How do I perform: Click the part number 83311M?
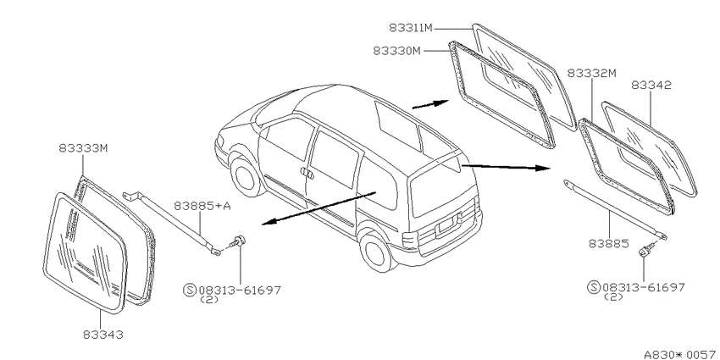pyautogui.click(x=411, y=28)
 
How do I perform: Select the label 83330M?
pyautogui.click(x=396, y=51)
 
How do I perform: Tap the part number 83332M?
pyautogui.click(x=591, y=73)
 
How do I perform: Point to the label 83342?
pyautogui.click(x=651, y=85)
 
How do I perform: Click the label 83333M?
pyautogui.click(x=83, y=148)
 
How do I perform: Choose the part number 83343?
pyautogui.click(x=103, y=335)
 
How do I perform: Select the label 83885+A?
pyautogui.click(x=202, y=206)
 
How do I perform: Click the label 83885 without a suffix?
pyautogui.click(x=609, y=243)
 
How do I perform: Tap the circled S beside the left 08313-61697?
pyautogui.click(x=190, y=291)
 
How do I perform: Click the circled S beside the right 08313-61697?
pyautogui.click(x=594, y=287)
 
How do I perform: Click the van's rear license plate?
pyautogui.click(x=446, y=225)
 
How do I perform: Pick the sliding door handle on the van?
pyautogui.click(x=307, y=173)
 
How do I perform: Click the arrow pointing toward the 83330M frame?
pyautogui.click(x=430, y=104)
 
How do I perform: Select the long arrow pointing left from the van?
pyautogui.click(x=318, y=208)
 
